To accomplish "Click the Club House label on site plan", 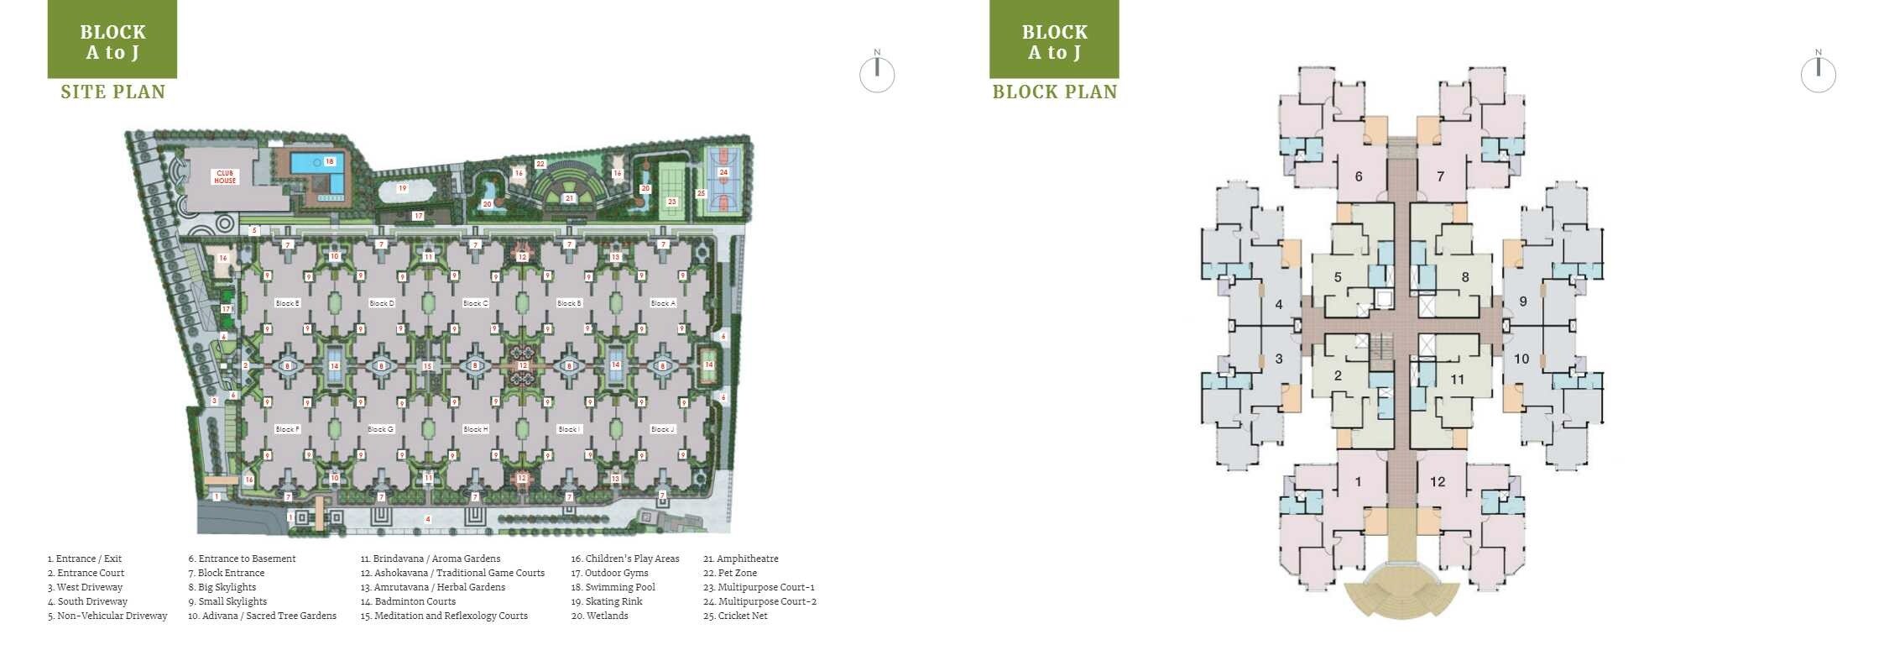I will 225,177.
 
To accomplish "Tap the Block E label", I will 287,303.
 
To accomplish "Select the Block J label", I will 662,429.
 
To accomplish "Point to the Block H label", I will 475,429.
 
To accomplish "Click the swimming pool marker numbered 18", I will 329,161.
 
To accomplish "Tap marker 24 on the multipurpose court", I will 723,172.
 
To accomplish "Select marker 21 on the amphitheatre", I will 569,199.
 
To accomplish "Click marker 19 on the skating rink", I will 402,189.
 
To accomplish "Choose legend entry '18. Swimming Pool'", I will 613,587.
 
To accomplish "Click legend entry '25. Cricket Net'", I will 735,616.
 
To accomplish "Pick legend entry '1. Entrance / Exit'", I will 85,558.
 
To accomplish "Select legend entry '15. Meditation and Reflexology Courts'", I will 444,616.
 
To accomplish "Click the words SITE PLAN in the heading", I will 113,92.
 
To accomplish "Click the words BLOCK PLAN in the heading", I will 1055,92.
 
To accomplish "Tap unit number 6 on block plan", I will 1359,176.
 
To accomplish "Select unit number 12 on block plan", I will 1438,482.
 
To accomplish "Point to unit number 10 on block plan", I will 1521,359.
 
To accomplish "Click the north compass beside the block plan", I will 1818,74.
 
